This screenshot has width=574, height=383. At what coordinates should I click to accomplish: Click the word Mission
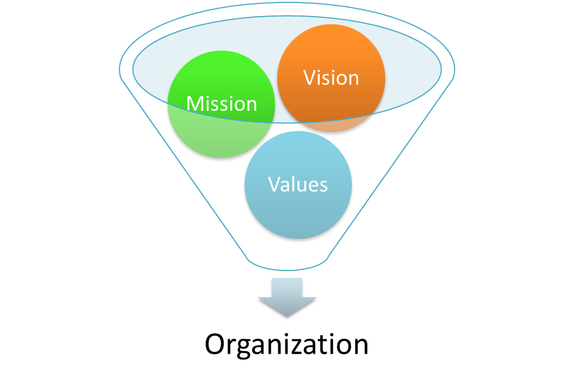pyautogui.click(x=222, y=104)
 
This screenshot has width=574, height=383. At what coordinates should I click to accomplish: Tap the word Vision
pyautogui.click(x=331, y=78)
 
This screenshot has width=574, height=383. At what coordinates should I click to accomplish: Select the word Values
pyautogui.click(x=298, y=184)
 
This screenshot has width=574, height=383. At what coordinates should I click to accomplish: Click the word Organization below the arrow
pyautogui.click(x=286, y=345)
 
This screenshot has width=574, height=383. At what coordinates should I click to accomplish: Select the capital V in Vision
pyautogui.click(x=310, y=78)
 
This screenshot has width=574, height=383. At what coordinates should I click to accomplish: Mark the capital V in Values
pyautogui.click(x=274, y=184)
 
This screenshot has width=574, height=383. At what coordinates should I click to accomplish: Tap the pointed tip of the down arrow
pyautogui.click(x=286, y=318)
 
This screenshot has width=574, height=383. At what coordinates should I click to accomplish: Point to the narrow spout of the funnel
pyautogui.click(x=286, y=261)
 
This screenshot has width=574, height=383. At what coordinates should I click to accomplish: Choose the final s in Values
pyautogui.click(x=323, y=186)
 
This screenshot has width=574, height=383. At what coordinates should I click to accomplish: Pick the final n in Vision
pyautogui.click(x=352, y=79)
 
